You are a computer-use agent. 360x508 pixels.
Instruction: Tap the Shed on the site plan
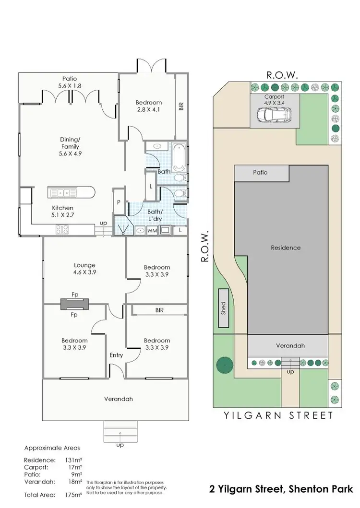coord(224,308)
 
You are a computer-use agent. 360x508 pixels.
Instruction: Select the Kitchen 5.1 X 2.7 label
coord(63,211)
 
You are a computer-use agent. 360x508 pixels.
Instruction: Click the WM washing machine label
coord(152,231)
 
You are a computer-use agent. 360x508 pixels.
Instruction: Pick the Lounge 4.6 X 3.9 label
coord(84,268)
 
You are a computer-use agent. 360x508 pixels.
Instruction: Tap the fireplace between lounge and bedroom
coord(74,303)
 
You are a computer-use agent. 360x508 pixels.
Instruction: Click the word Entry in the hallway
coord(116,355)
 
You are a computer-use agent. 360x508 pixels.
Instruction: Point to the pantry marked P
coord(118,203)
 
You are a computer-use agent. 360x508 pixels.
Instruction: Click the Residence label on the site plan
coord(286,248)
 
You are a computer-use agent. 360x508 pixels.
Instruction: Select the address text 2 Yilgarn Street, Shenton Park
coord(281,490)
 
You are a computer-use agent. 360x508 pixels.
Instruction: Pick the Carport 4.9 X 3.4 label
coord(274,99)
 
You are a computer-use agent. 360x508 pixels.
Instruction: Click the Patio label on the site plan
coord(260,172)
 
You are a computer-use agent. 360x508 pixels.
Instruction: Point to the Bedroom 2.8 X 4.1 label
coord(148,106)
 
